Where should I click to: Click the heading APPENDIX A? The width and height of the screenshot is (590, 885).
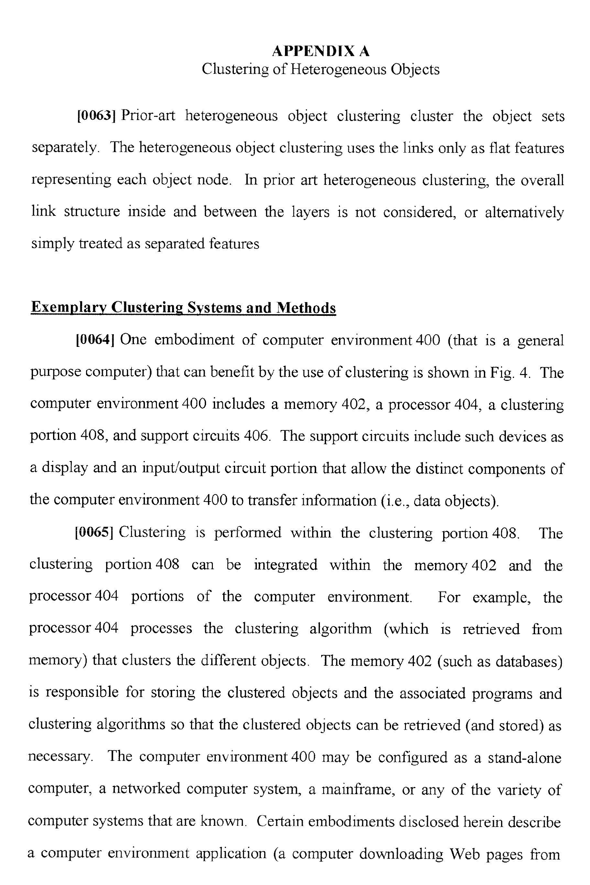click(321, 51)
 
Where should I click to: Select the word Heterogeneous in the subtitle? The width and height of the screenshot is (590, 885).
click(339, 69)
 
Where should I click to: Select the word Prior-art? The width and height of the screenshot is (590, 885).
click(148, 115)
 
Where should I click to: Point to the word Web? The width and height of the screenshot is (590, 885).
click(465, 853)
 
